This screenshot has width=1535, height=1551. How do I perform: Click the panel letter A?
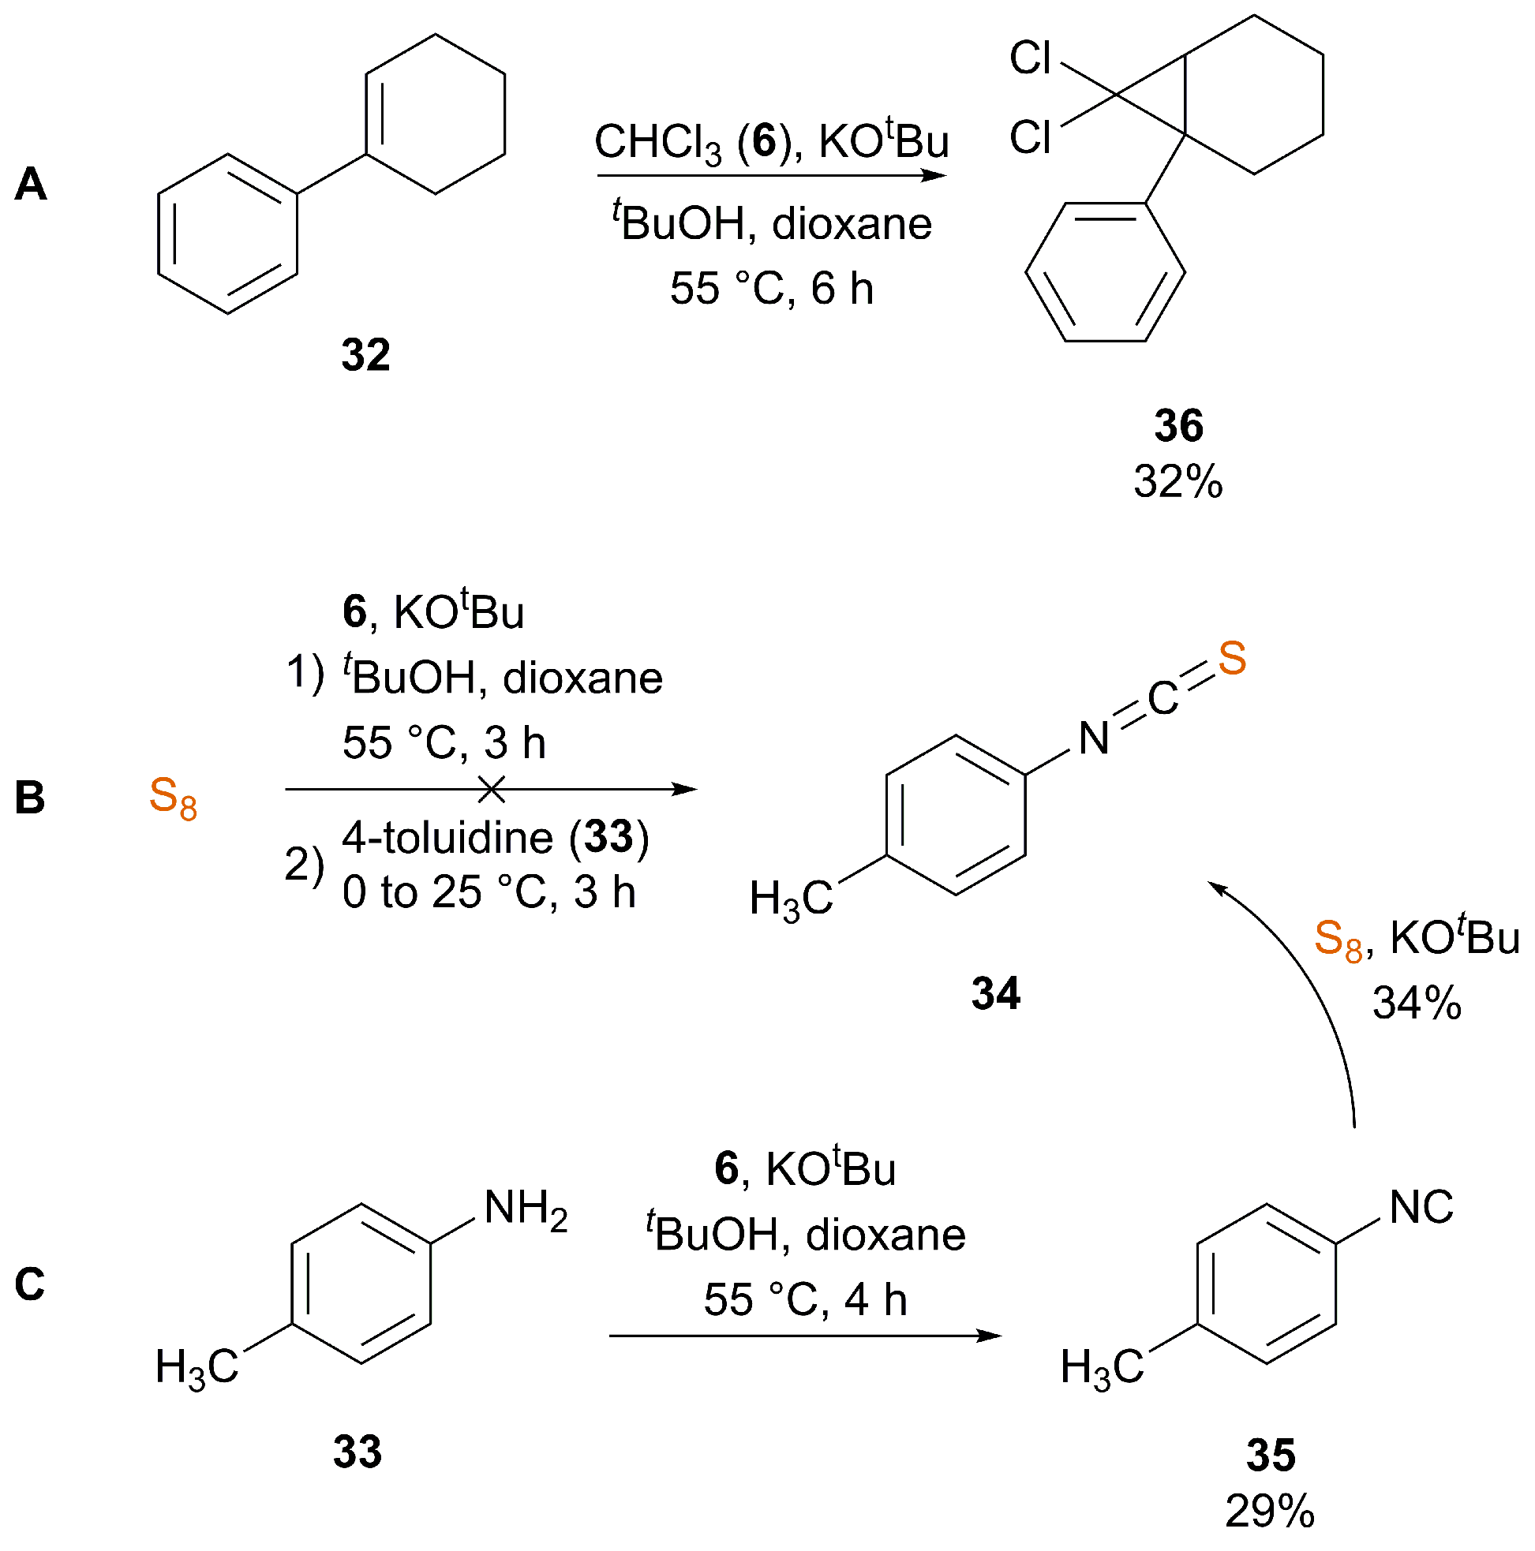click(x=32, y=184)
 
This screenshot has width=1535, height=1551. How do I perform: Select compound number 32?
click(x=365, y=354)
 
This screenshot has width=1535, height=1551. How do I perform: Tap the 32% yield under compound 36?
click(x=1177, y=483)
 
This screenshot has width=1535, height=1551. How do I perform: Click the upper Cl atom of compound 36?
click(x=1030, y=58)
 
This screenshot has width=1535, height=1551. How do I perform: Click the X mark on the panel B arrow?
click(x=491, y=789)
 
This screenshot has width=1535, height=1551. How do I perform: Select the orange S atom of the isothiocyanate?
click(x=1231, y=658)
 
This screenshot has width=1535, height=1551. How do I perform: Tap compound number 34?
click(x=995, y=994)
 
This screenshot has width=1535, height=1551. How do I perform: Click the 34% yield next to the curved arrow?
click(x=1417, y=1003)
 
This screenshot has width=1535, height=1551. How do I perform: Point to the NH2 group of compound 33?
click(x=526, y=1208)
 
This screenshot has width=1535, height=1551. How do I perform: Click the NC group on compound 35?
click(x=1421, y=1206)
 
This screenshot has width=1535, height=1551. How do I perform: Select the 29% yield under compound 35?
click(x=1270, y=1512)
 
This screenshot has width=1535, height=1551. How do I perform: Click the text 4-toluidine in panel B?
click(x=447, y=838)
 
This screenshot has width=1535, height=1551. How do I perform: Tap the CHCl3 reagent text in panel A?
click(x=657, y=143)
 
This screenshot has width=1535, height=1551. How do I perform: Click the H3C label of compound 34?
click(x=792, y=899)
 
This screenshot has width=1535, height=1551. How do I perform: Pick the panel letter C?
click(x=31, y=1284)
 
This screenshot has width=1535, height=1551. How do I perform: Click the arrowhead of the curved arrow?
click(x=1218, y=886)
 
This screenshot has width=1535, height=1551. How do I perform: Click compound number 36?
click(x=1178, y=425)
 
